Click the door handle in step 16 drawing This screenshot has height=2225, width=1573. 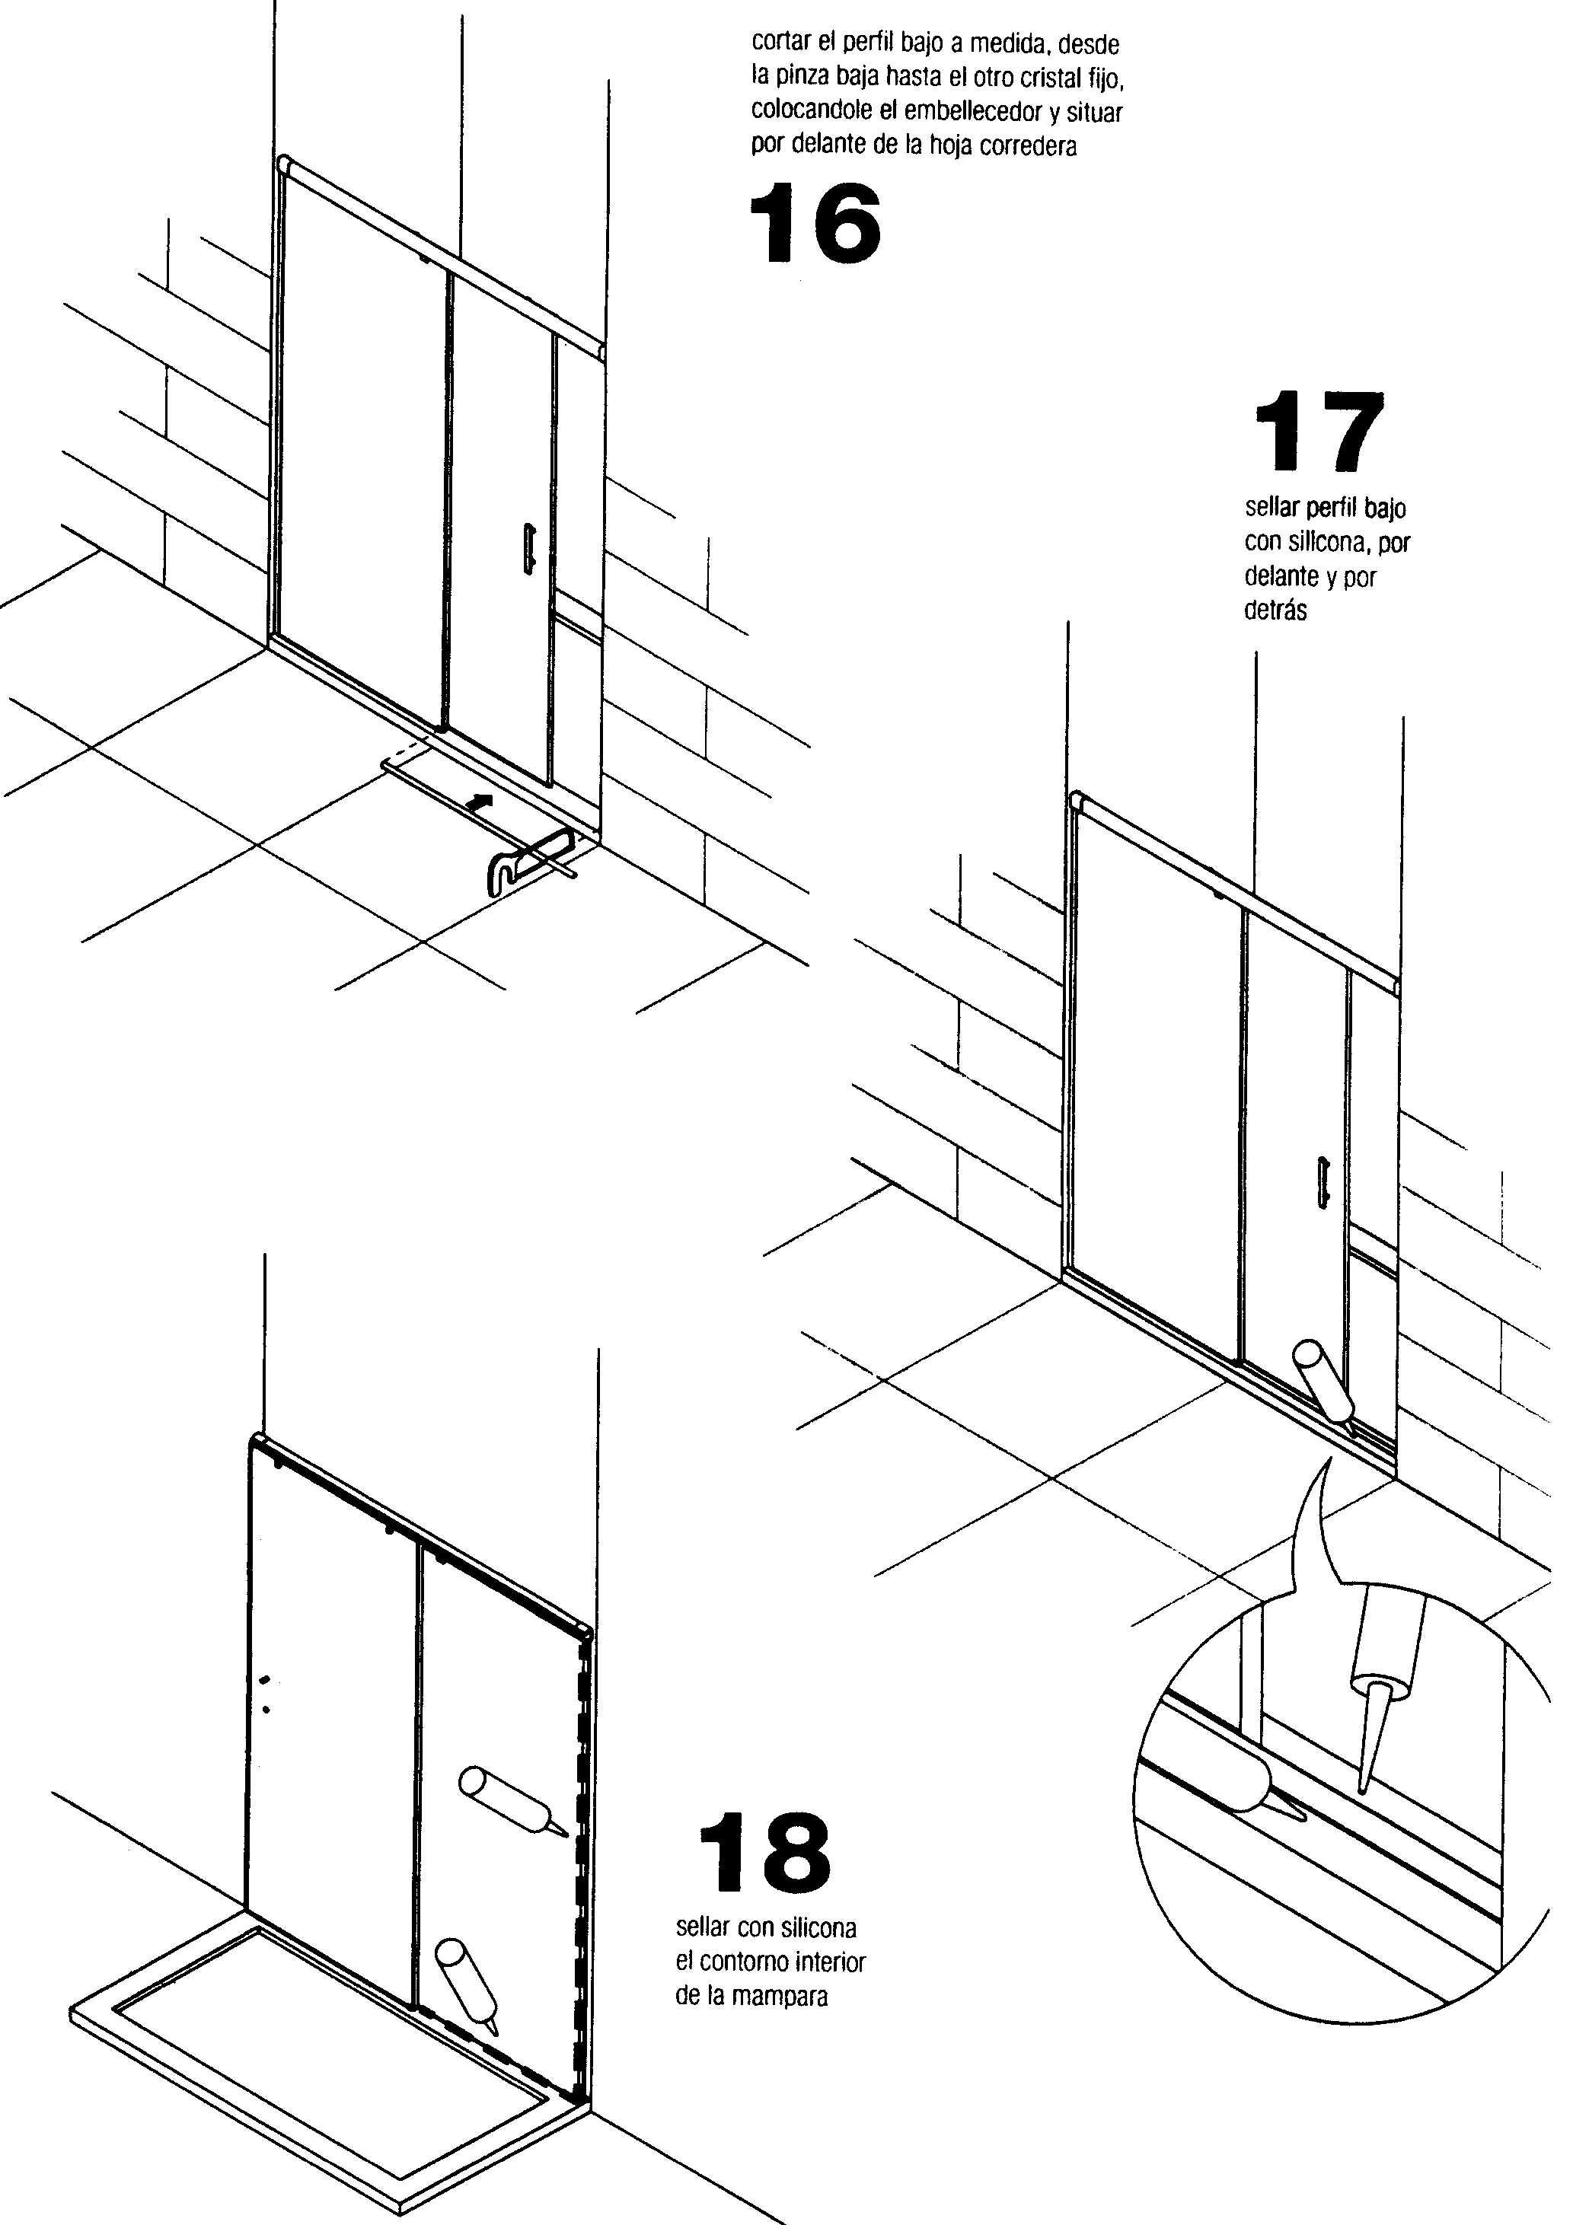click(x=536, y=557)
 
